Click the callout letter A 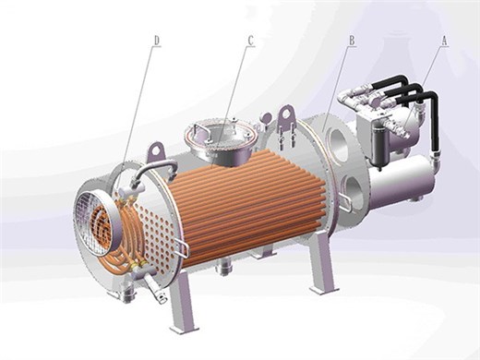[x=444, y=41]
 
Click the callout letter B [x=352, y=41]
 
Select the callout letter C [x=251, y=41]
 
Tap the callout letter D [x=157, y=41]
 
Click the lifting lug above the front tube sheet [x=158, y=151]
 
